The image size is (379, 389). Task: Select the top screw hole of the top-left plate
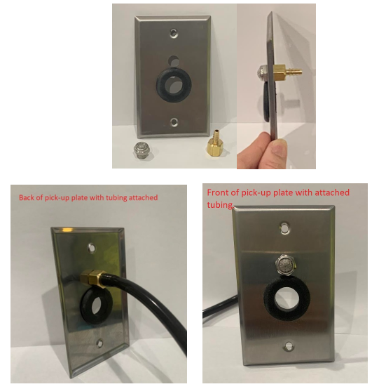[x=174, y=33]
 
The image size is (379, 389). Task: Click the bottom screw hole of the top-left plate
[x=174, y=121]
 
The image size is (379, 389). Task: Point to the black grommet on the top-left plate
[x=174, y=84]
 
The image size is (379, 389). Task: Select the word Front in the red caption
[x=216, y=193]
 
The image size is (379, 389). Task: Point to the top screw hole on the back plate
[x=92, y=248]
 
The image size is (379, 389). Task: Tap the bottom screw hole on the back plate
[x=99, y=344]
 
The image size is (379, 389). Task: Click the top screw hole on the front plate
[x=285, y=228]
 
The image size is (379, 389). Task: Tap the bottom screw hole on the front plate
[x=289, y=346]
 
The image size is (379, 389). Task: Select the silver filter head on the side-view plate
[x=263, y=72]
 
